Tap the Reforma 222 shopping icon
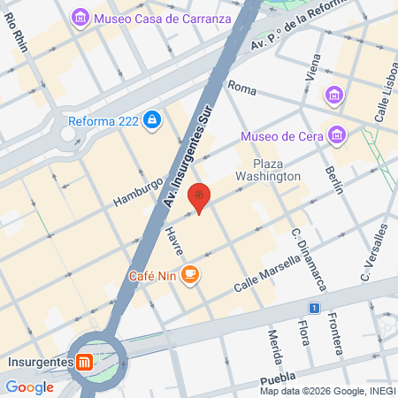click(x=152, y=119)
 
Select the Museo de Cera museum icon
click(x=336, y=135)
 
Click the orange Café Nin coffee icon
click(x=190, y=274)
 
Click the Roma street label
click(x=241, y=87)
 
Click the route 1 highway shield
click(x=314, y=308)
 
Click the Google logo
click(x=29, y=387)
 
